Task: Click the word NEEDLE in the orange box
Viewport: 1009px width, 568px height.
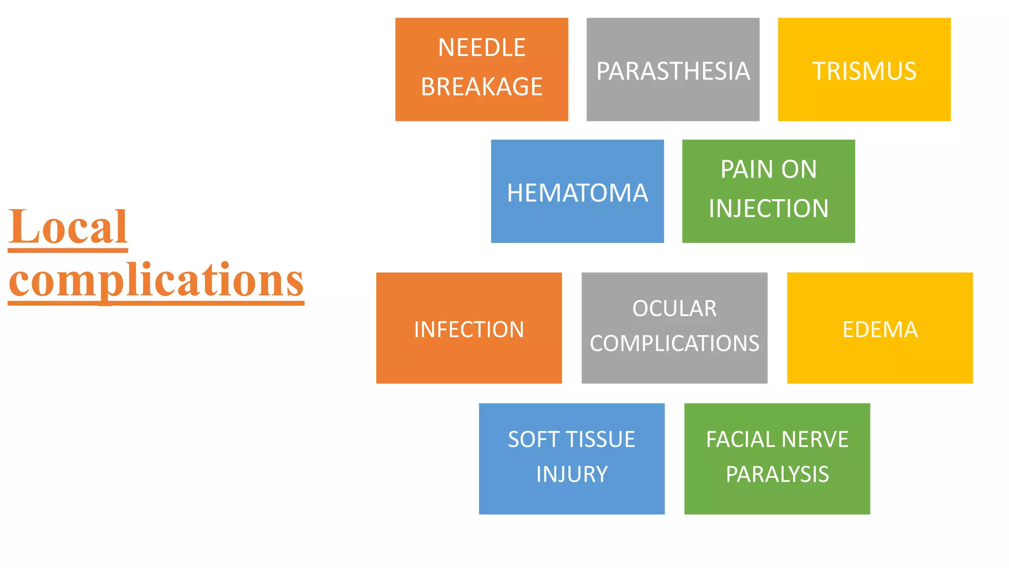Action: click(481, 48)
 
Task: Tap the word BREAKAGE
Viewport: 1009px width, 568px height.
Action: click(481, 87)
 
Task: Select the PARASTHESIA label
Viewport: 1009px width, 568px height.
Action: click(673, 71)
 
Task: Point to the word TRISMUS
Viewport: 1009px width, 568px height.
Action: click(864, 71)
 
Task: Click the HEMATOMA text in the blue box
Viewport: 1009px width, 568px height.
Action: click(577, 193)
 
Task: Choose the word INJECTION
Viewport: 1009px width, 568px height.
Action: click(769, 209)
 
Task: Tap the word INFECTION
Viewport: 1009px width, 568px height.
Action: click(469, 329)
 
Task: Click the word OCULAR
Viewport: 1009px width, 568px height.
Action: click(674, 309)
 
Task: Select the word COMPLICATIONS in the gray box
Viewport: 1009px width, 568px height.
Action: click(674, 343)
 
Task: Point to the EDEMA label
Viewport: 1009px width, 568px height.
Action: click(880, 329)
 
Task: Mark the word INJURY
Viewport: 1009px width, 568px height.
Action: click(572, 474)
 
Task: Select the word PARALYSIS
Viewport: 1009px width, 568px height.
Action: click(777, 474)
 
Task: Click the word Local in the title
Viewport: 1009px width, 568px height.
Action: click(68, 227)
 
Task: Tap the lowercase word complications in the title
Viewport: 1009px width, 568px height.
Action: click(156, 281)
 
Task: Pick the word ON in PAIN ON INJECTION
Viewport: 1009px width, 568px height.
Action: click(799, 170)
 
